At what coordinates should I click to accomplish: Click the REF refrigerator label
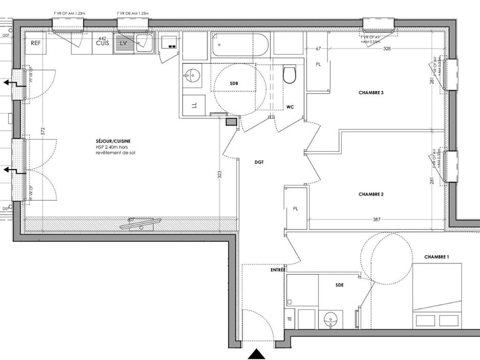click(x=35, y=43)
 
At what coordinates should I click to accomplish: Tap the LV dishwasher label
click(x=123, y=43)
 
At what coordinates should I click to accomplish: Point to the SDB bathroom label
click(x=233, y=83)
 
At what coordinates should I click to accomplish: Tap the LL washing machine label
click(x=194, y=105)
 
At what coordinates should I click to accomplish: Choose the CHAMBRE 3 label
click(x=371, y=93)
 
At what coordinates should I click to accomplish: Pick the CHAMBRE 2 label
click(x=371, y=194)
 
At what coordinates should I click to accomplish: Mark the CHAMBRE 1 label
click(x=436, y=257)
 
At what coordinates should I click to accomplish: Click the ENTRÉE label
click(x=278, y=269)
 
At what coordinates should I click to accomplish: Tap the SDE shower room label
click(x=340, y=285)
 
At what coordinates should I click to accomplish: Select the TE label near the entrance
click(x=289, y=319)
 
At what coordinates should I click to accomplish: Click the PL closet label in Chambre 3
click(x=318, y=65)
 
